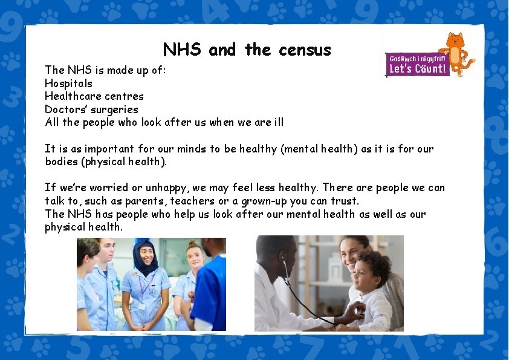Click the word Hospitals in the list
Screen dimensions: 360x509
coord(68,83)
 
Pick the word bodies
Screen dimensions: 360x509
coord(60,162)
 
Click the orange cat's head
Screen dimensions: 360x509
coord(454,42)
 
